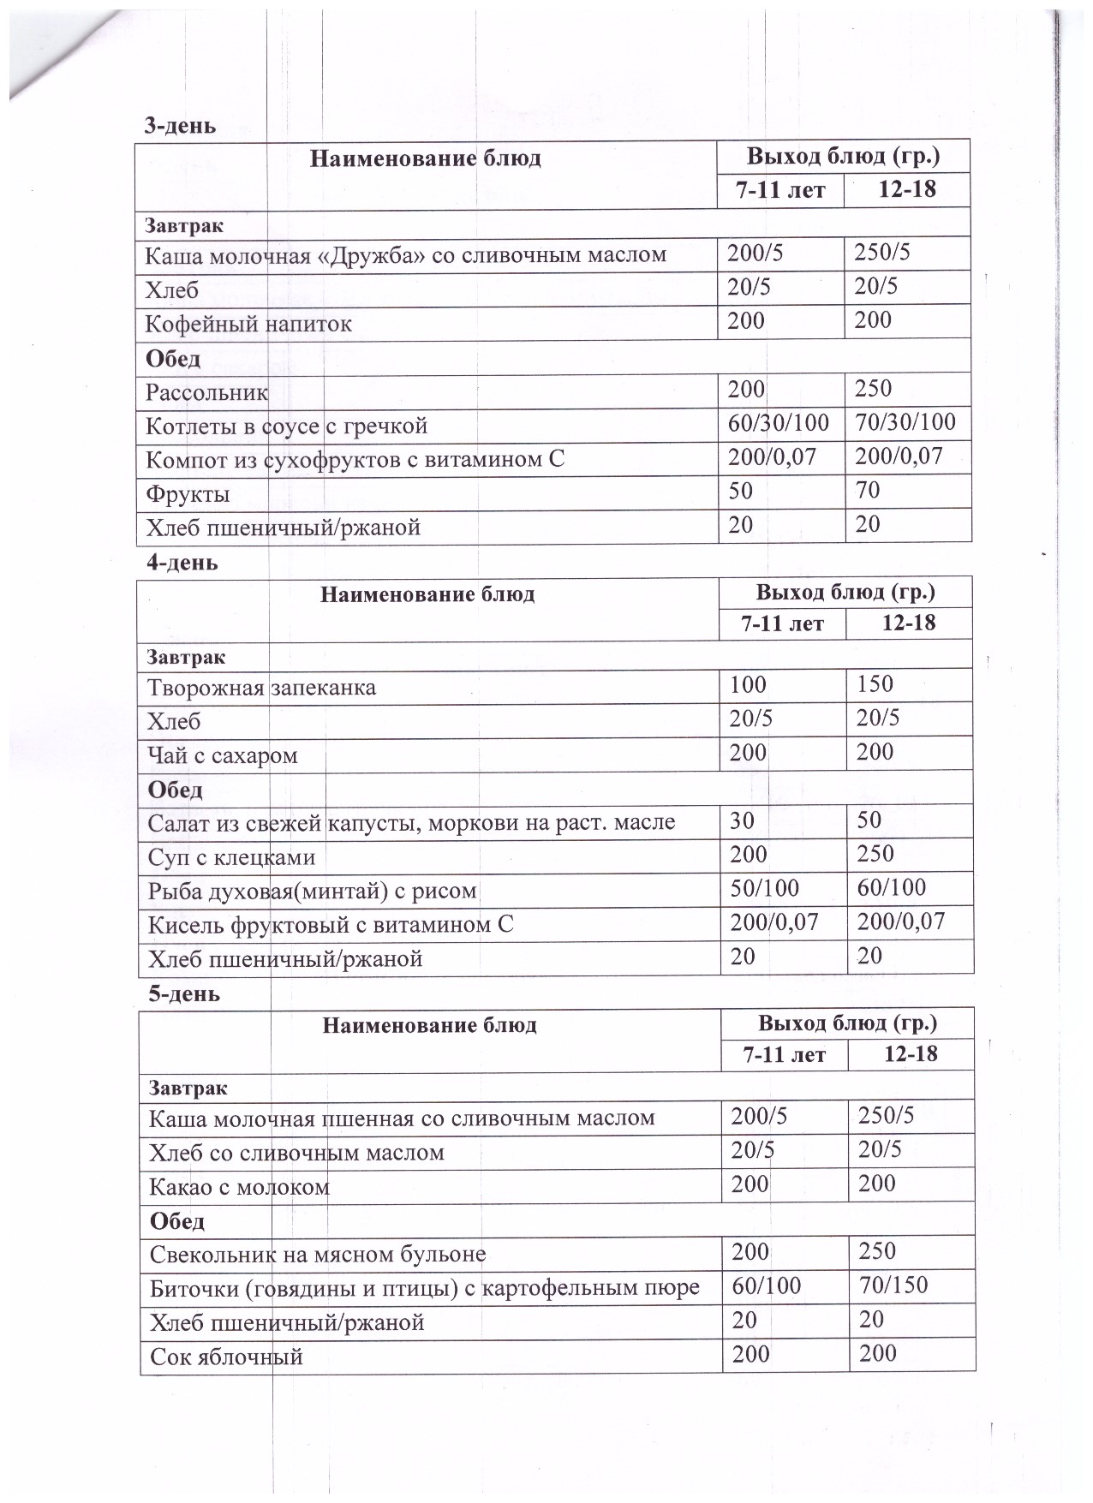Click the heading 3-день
click(x=179, y=126)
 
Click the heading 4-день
click(x=182, y=563)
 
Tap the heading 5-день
click(x=184, y=993)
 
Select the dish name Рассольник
click(x=206, y=392)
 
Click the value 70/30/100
click(x=905, y=422)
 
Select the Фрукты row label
click(x=188, y=494)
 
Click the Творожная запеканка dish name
click(x=261, y=688)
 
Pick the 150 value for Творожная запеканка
click(x=875, y=683)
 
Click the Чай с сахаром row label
click(x=223, y=755)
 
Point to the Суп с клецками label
click(x=231, y=857)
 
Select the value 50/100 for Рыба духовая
click(x=765, y=887)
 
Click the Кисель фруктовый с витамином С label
click(x=331, y=925)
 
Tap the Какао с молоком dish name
click(x=239, y=1187)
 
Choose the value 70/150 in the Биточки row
click(x=893, y=1285)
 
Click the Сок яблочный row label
click(x=226, y=1357)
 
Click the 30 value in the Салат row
click(x=742, y=820)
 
